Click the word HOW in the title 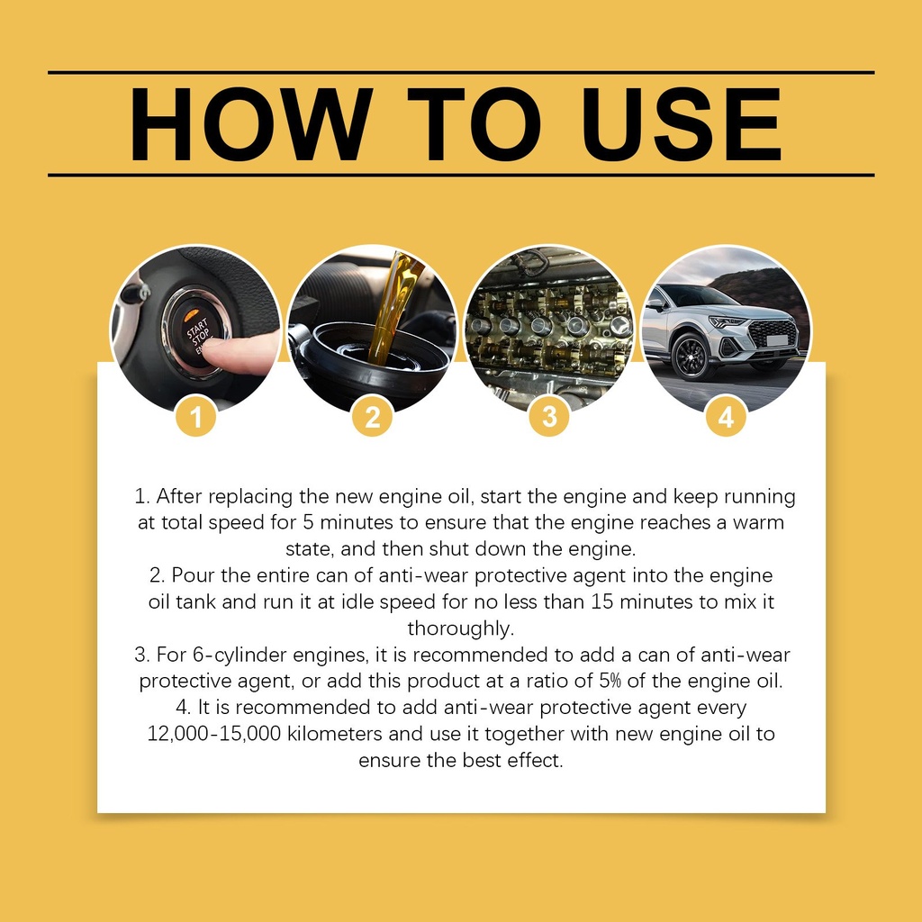point(250,124)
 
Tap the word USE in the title point(681,124)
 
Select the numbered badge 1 point(195,417)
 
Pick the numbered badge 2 point(372,417)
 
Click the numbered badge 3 point(549,417)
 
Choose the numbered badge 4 point(727,417)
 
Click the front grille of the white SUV point(772,336)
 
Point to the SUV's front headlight point(727,321)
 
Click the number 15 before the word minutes point(602,601)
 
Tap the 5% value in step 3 point(610,681)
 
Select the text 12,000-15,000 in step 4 point(214,734)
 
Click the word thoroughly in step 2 point(461,628)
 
